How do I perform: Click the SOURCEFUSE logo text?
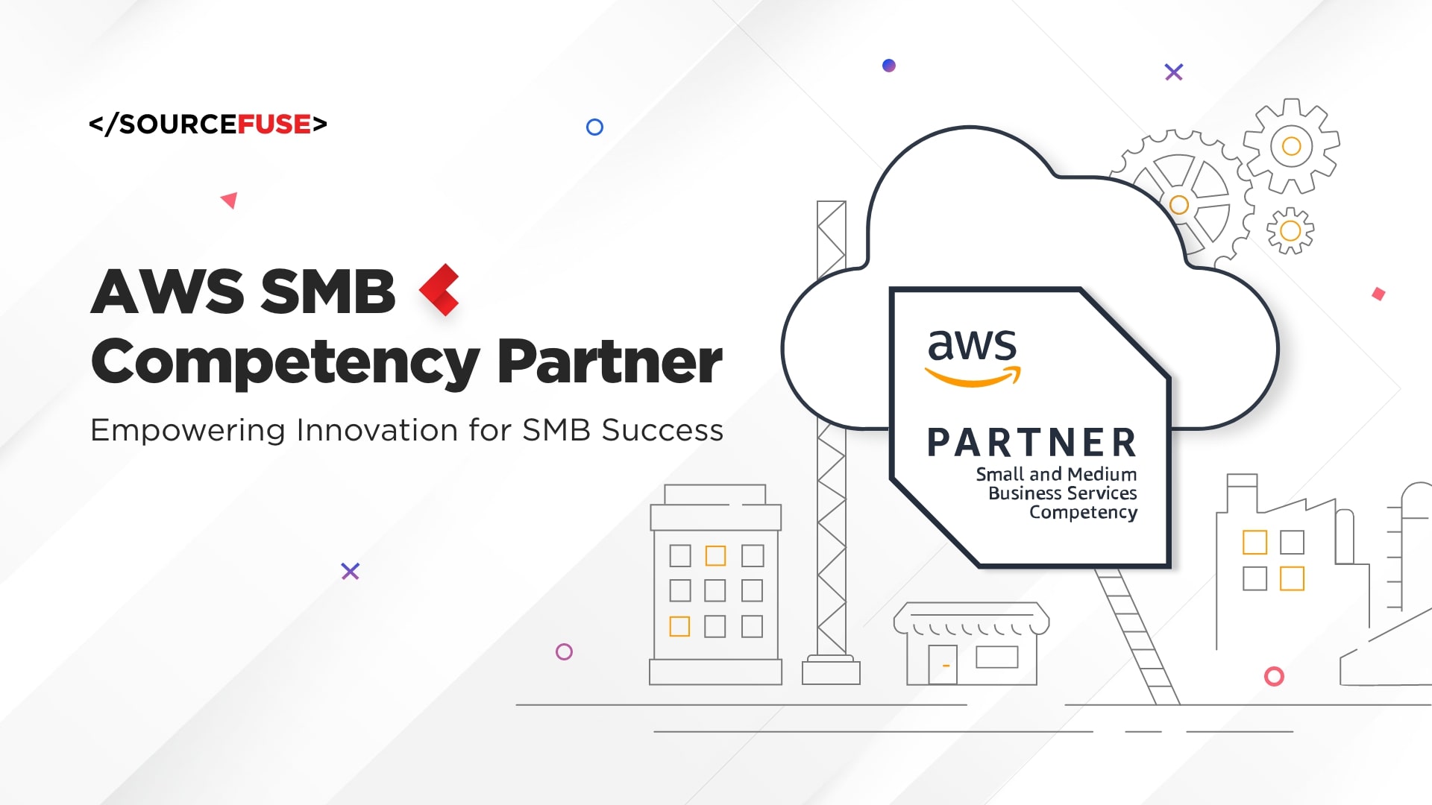208,124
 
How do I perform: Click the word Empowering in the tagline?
187,431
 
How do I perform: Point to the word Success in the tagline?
662,431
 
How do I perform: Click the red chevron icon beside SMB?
440,290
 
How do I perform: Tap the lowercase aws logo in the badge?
972,356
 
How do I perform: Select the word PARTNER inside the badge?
1032,443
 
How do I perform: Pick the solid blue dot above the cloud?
889,66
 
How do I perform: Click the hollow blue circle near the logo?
594,127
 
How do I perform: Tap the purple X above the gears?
1174,72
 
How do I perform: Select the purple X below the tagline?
351,572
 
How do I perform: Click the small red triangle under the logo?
230,200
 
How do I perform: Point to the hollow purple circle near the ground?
564,652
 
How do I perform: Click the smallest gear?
1290,231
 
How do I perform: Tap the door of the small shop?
943,664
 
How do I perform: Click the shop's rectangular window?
997,657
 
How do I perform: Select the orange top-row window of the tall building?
716,555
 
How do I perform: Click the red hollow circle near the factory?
1274,677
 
